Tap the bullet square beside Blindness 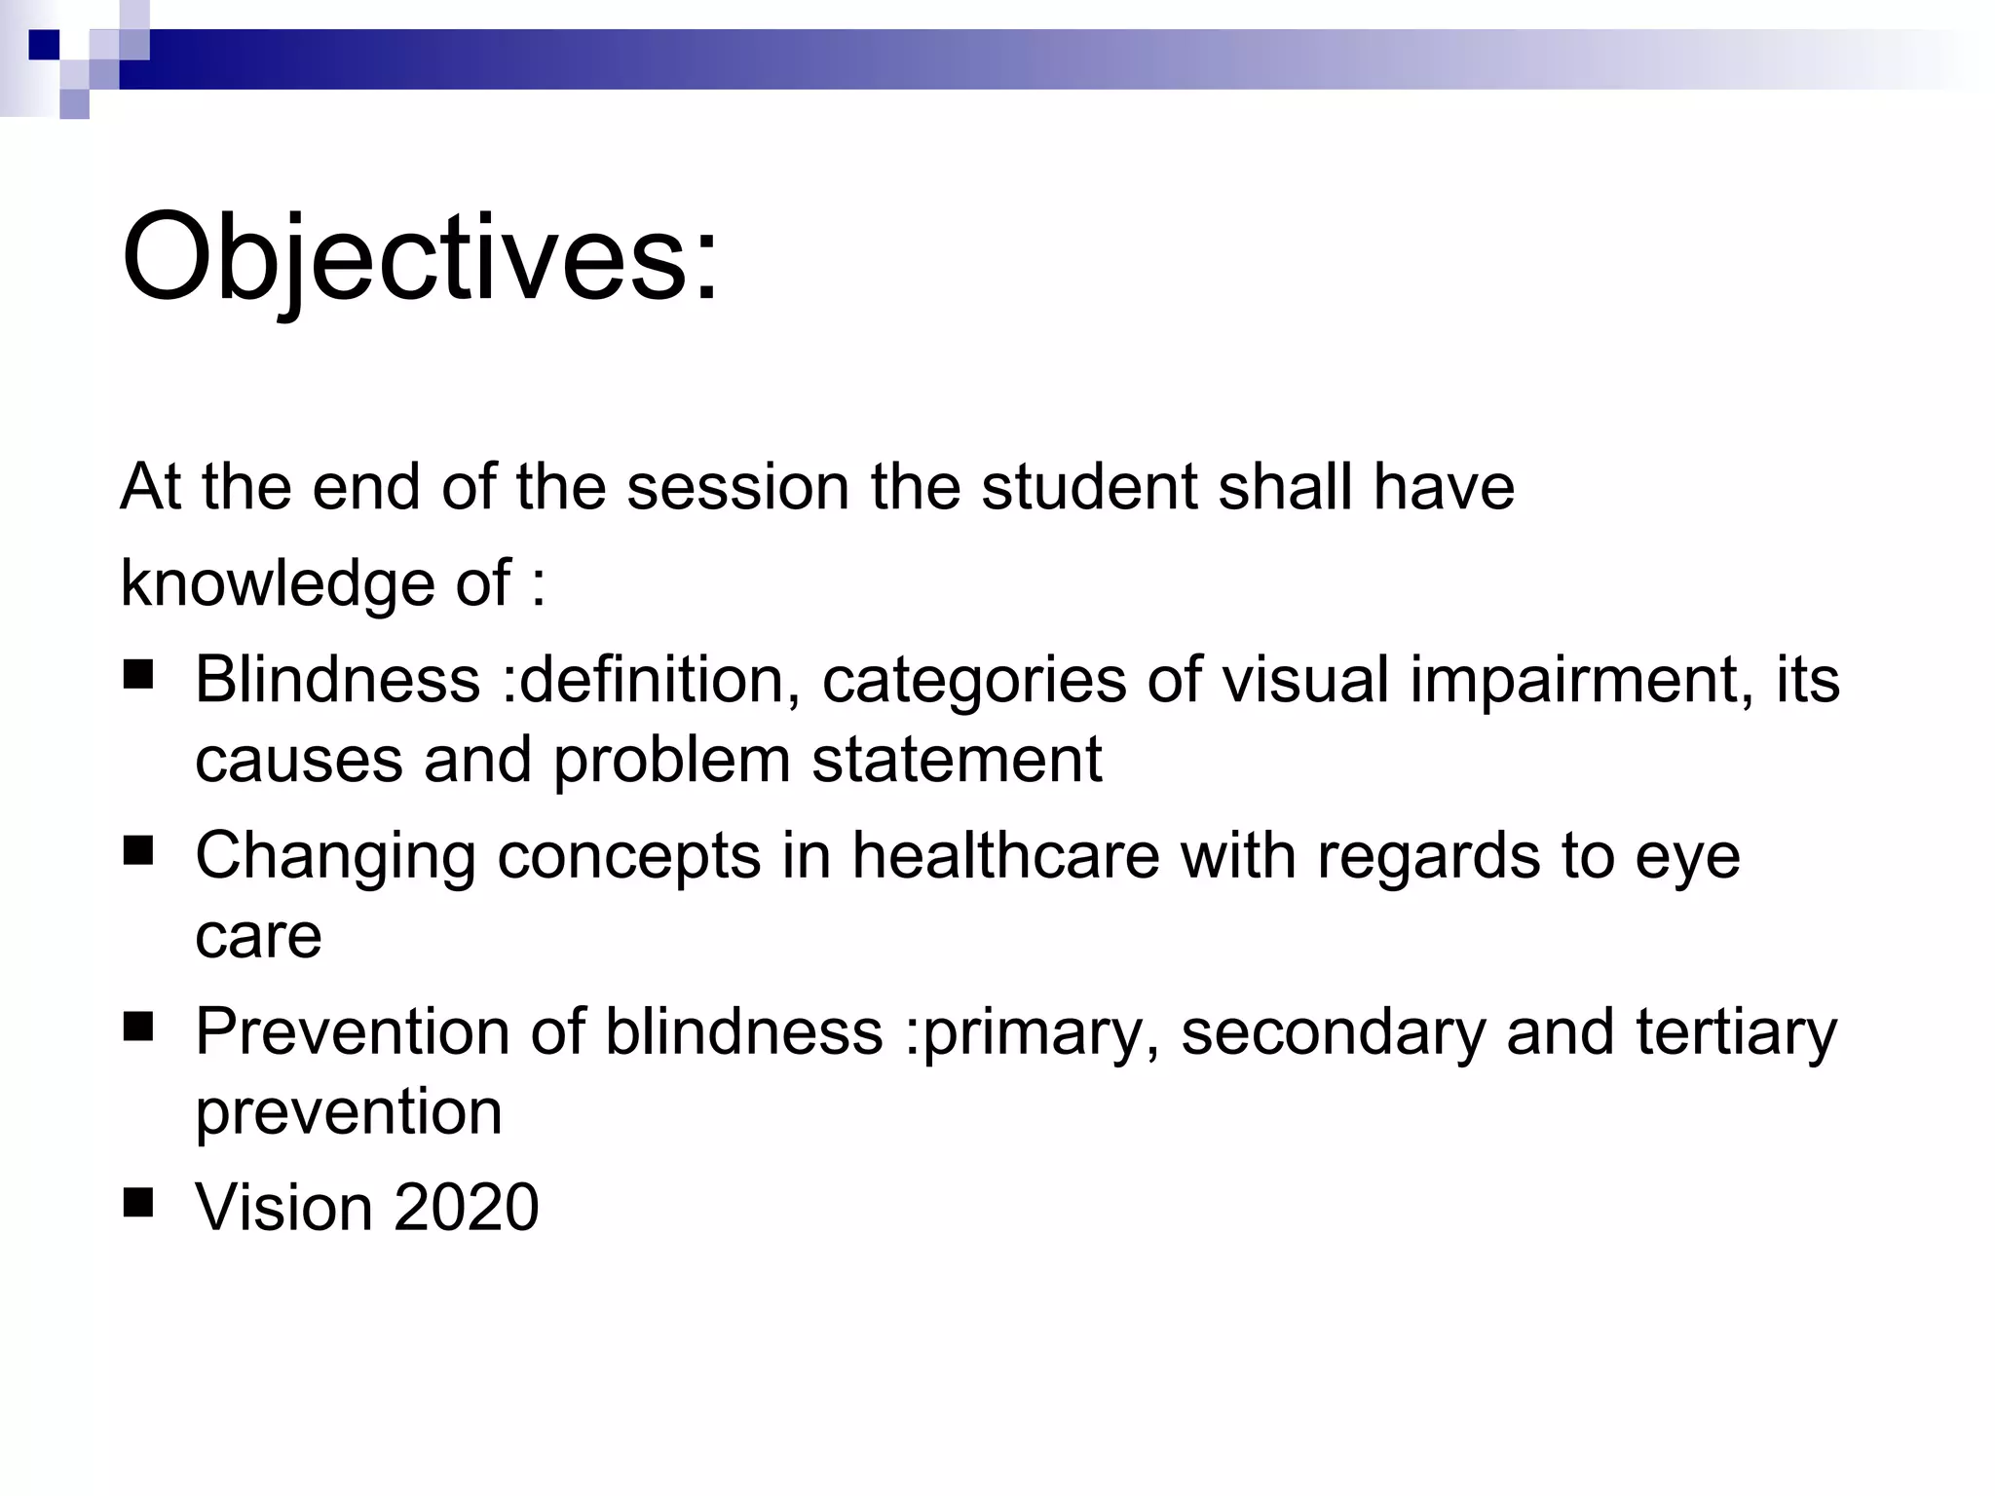[138, 674]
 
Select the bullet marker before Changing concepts [138, 850]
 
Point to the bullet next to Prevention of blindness [138, 1027]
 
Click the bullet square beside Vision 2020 [138, 1203]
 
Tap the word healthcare [1006, 856]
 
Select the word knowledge [279, 583]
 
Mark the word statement [957, 760]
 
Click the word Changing [335, 856]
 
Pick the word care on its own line [258, 936]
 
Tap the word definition [652, 679]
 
